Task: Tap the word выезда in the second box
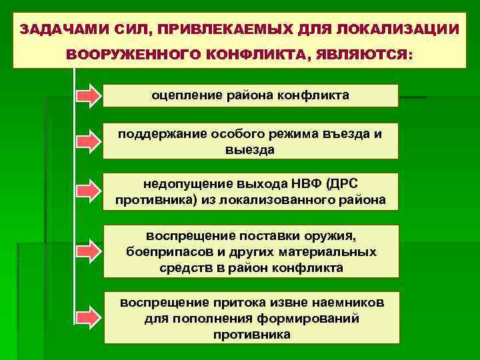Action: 251,149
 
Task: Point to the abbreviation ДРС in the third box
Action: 344,183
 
